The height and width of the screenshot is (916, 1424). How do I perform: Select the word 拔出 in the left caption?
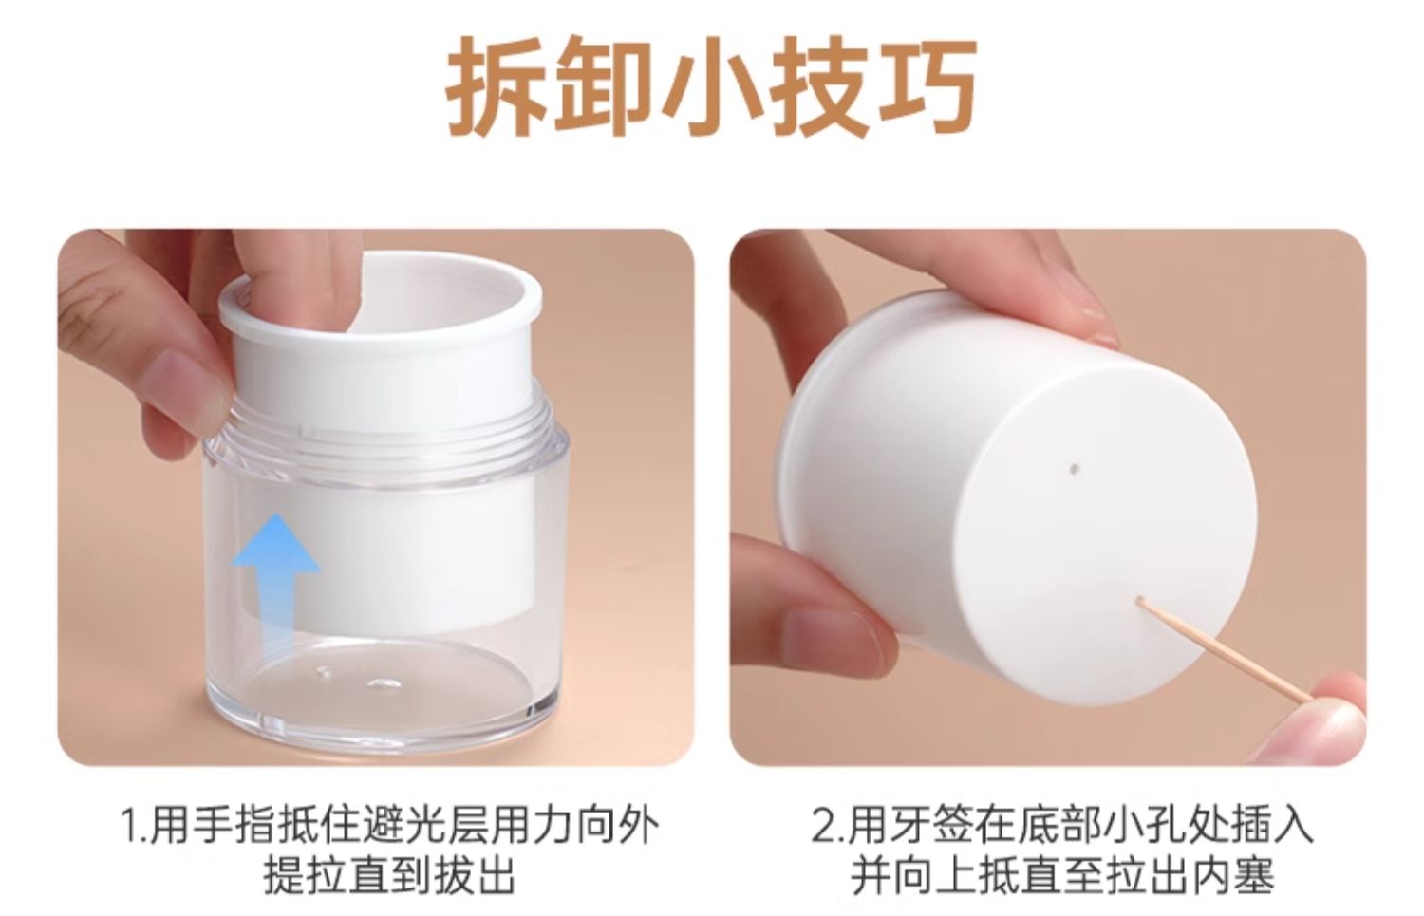(475, 879)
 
